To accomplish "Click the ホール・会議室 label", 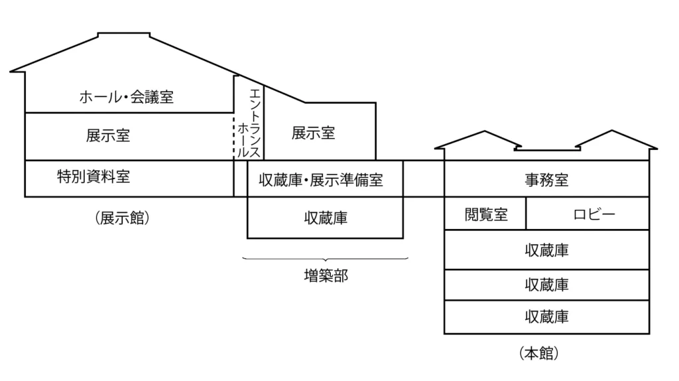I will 126,98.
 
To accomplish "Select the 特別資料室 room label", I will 93,177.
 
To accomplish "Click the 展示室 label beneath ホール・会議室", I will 108,135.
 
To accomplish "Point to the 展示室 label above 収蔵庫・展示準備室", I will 314,133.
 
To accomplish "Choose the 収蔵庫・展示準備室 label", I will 321,179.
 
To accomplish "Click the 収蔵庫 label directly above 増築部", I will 326,218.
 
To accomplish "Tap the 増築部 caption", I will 326,275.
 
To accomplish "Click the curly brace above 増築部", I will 326,259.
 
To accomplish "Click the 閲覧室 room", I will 486,214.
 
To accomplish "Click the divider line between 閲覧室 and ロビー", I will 526,214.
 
